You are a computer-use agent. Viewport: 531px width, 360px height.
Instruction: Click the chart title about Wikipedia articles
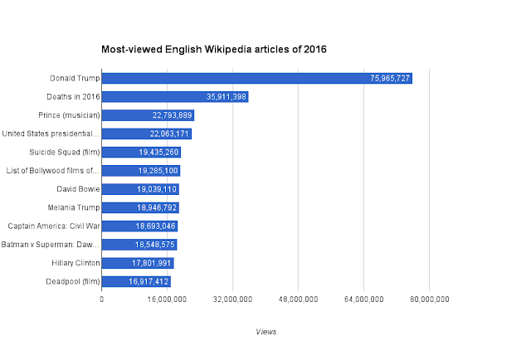pos(214,50)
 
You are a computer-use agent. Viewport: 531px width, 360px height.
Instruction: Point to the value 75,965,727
pos(389,79)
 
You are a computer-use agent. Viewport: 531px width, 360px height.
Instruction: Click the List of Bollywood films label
pos(52,171)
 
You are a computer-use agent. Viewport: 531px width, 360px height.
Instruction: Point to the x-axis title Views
pos(267,332)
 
